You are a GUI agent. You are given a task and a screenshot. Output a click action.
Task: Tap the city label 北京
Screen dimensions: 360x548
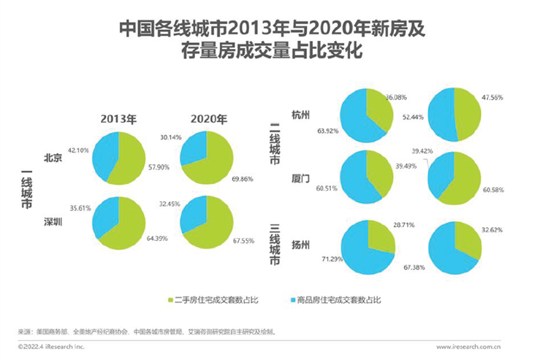52,156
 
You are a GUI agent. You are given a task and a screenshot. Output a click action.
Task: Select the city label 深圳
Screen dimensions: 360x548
52,221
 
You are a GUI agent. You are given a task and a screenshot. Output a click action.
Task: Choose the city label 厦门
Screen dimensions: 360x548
300,176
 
